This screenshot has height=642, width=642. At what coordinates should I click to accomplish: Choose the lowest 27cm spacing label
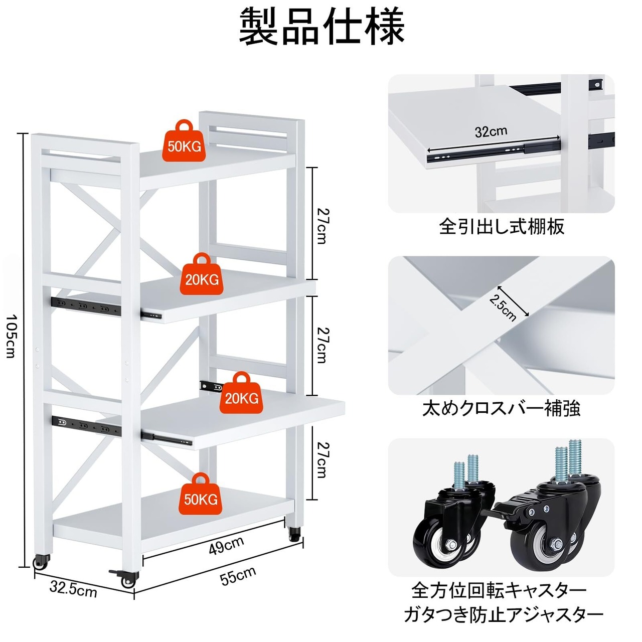322,460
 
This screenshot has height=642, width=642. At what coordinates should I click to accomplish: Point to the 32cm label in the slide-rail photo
491,131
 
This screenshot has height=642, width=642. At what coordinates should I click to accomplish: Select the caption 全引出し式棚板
502,227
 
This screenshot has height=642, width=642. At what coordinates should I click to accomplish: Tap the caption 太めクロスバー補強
501,408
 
